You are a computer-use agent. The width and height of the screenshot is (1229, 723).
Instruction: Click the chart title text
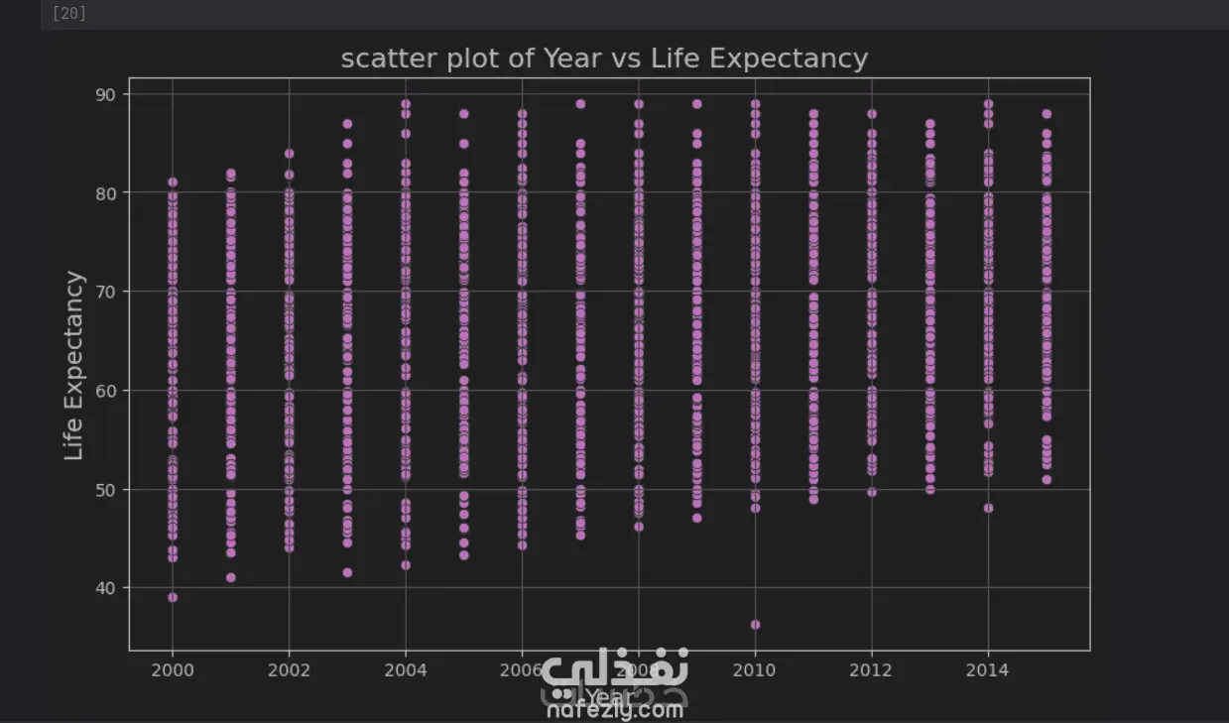point(604,59)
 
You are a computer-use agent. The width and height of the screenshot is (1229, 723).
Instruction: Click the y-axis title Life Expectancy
point(74,366)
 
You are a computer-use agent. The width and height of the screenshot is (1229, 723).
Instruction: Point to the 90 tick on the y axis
point(106,94)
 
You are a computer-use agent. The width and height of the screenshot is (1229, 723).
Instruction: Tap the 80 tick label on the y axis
point(106,193)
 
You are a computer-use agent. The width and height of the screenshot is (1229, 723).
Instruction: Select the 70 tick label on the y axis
point(106,292)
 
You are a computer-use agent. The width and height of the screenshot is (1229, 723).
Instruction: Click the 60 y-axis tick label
point(106,391)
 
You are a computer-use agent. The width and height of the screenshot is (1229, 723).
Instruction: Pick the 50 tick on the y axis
point(106,490)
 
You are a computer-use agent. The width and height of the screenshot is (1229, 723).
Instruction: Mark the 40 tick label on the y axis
point(106,588)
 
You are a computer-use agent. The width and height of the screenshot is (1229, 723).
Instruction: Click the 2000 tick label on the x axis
point(173,670)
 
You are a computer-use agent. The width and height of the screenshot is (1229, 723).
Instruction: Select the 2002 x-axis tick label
point(289,670)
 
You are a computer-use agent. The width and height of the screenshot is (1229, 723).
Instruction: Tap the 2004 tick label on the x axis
point(405,670)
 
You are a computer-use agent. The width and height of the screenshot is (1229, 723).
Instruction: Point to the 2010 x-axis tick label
point(755,670)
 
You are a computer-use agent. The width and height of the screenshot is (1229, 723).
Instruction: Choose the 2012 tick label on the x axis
point(871,670)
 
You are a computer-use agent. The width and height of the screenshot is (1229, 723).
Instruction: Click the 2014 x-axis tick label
point(987,670)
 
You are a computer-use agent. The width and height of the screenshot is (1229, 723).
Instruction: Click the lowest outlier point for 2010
point(755,625)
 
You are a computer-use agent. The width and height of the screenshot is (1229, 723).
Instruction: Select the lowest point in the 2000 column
point(173,597)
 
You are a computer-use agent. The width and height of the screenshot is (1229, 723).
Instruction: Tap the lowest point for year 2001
point(231,577)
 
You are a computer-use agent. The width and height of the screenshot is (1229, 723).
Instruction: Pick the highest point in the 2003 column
point(347,124)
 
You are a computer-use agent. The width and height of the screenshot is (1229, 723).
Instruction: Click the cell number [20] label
point(68,14)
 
